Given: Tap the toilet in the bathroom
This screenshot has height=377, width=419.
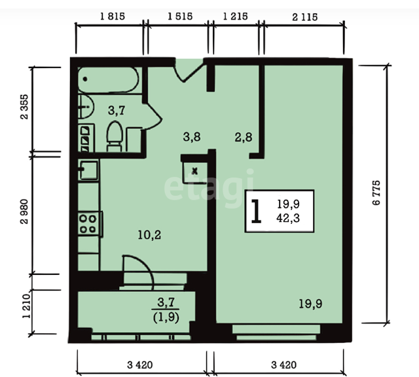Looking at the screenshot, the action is point(115,137).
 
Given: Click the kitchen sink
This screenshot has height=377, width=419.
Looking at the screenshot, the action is point(88,170).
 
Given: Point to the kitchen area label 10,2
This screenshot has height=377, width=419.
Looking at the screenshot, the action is point(149,235).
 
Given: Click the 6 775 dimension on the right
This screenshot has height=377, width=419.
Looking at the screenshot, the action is point(376,192).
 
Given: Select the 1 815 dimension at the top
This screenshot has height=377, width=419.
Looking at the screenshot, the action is point(113,16).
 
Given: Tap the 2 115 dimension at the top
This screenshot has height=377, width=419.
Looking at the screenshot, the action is point(305,18).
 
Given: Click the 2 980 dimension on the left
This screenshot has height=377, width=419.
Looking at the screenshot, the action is point(24,211).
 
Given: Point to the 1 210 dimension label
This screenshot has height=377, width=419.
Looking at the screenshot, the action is point(26,306).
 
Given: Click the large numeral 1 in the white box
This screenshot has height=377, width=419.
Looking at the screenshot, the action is point(256,211).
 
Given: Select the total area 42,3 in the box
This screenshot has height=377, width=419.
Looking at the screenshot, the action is point(288,218).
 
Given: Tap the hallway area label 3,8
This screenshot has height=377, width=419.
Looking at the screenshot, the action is point(192,137).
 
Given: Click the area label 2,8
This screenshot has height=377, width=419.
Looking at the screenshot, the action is point(244,137).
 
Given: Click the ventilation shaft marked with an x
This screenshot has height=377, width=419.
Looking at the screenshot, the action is point(195,171).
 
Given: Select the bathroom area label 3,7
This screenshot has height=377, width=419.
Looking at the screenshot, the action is point(117,110).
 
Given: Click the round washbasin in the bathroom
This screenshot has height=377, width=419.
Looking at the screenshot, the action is point(86,107).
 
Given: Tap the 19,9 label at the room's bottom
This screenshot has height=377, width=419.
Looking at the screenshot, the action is point(310,304).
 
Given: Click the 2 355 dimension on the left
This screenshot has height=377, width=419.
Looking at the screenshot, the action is point(24,107).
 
